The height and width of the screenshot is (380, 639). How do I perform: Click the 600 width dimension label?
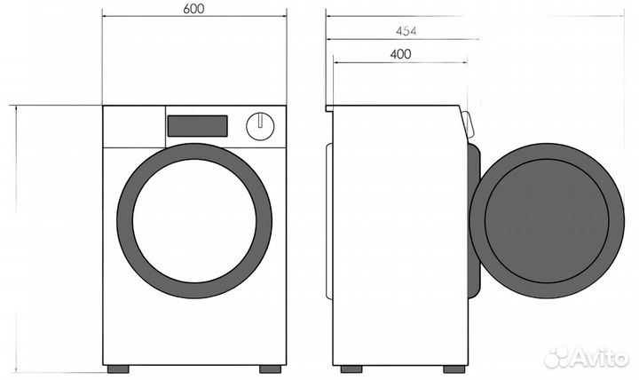[194, 9]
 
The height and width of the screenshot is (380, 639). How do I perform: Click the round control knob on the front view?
[259, 126]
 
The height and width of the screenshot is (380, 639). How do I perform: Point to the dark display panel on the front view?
[197, 126]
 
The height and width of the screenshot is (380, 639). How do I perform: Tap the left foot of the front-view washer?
[118, 368]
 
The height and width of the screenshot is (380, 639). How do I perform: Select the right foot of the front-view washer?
[271, 368]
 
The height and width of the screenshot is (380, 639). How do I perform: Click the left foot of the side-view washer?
[351, 368]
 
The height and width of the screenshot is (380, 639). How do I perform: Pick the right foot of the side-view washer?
[453, 368]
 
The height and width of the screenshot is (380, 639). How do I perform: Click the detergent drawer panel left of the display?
[134, 127]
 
